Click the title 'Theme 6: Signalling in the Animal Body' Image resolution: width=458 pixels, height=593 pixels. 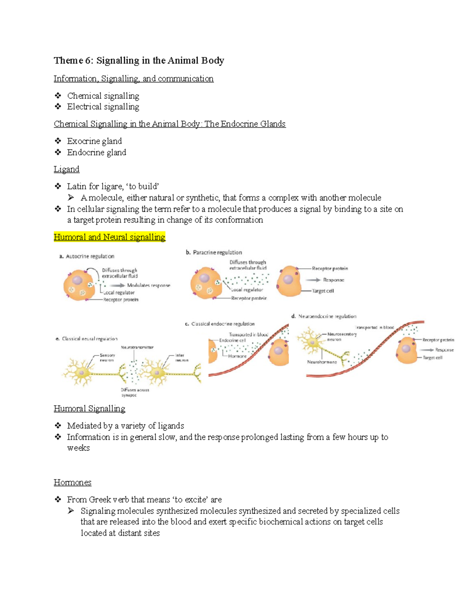tap(139, 61)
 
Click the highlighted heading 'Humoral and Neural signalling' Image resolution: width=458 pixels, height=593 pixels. tap(109, 237)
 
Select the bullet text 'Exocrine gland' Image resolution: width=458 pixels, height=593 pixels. tap(94, 141)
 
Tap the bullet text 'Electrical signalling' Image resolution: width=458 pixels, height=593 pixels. tap(103, 107)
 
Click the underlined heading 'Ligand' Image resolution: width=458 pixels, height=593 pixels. tap(66, 169)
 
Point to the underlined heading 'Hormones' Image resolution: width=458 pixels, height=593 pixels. tap(73, 482)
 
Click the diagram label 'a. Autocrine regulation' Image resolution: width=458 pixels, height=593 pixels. tap(87, 256)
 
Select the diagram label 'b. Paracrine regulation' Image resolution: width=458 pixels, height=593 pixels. tap(214, 252)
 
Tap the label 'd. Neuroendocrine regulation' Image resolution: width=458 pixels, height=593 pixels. tap(324, 316)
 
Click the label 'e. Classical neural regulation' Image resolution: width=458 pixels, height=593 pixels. tap(87, 339)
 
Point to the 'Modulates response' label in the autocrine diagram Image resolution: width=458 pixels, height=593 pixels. tap(148, 285)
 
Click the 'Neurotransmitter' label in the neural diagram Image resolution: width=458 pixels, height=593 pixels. tap(137, 347)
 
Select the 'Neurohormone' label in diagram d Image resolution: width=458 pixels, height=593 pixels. tap(322, 362)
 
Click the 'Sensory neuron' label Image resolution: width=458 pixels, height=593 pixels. tap(107, 357)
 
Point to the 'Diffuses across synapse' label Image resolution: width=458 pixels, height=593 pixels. tap(135, 392)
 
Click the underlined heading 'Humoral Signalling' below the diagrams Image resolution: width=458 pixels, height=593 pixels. tap(89, 409)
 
